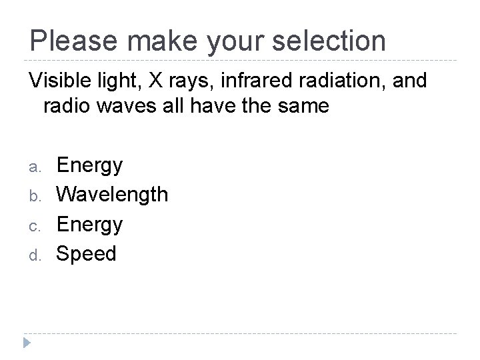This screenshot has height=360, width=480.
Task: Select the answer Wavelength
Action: (x=112, y=195)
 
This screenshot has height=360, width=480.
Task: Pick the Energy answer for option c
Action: (x=89, y=225)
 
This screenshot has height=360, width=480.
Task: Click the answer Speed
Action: (x=86, y=254)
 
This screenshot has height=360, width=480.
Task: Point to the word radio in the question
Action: (x=67, y=105)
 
